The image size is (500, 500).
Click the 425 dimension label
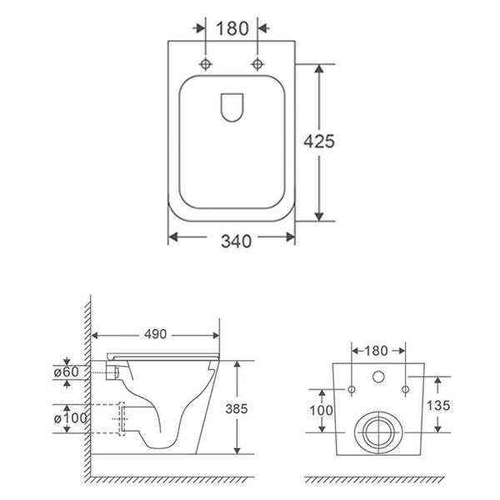tap(319, 142)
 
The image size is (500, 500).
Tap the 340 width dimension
tap(237, 241)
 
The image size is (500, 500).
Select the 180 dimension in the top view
tap(232, 28)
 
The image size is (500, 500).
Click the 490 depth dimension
tap(155, 334)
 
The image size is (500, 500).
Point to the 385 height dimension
tap(237, 408)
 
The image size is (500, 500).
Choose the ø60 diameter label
tap(67, 372)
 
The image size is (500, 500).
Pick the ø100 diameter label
tap(70, 418)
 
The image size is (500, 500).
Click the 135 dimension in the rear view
tap(438, 405)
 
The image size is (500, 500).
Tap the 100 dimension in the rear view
tap(321, 410)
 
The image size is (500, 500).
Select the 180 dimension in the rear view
tap(376, 351)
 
